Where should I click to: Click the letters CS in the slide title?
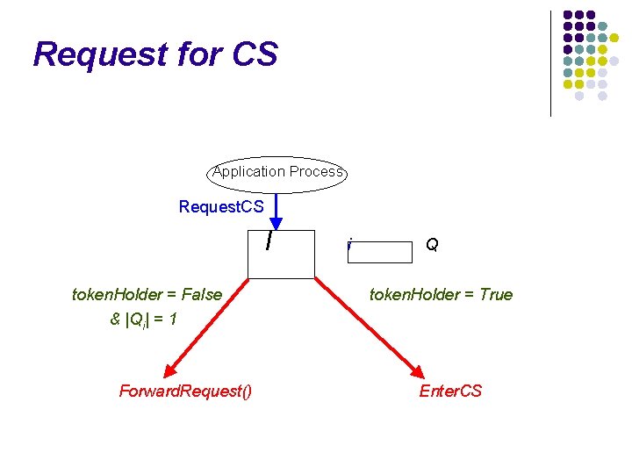coord(255,54)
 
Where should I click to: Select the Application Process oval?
coord(277,172)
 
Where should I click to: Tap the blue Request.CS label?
coord(221,207)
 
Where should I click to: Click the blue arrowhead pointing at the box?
coord(277,223)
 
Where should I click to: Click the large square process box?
coord(281,255)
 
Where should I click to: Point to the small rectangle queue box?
coord(380,253)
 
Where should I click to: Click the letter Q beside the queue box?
coord(432,246)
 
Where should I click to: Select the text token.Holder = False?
coord(147,294)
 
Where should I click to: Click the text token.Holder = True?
coord(441,294)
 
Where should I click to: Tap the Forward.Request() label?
coord(185,391)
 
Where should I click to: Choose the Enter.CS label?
coord(450,391)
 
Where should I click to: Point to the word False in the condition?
coord(202,294)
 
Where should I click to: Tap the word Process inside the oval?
coord(317,172)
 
